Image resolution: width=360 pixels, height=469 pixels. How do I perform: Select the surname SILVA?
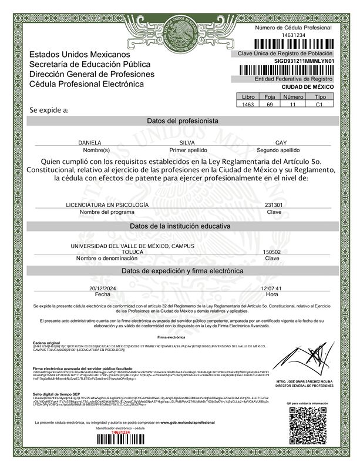[x=186, y=143]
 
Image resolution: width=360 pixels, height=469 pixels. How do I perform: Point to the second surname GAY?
[x=281, y=143]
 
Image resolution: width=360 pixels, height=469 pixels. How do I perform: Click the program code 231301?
[x=274, y=205]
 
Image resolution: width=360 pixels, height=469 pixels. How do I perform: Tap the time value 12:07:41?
[x=271, y=289]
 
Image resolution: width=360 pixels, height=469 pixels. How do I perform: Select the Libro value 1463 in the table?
[x=249, y=104]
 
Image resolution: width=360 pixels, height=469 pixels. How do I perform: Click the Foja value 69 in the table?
[x=270, y=104]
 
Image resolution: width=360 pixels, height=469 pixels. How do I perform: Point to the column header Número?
[x=293, y=97]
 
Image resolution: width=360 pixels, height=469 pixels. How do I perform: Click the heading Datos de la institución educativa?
[x=182, y=226]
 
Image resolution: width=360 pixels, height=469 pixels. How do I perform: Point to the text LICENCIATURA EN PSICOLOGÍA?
[x=107, y=205]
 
